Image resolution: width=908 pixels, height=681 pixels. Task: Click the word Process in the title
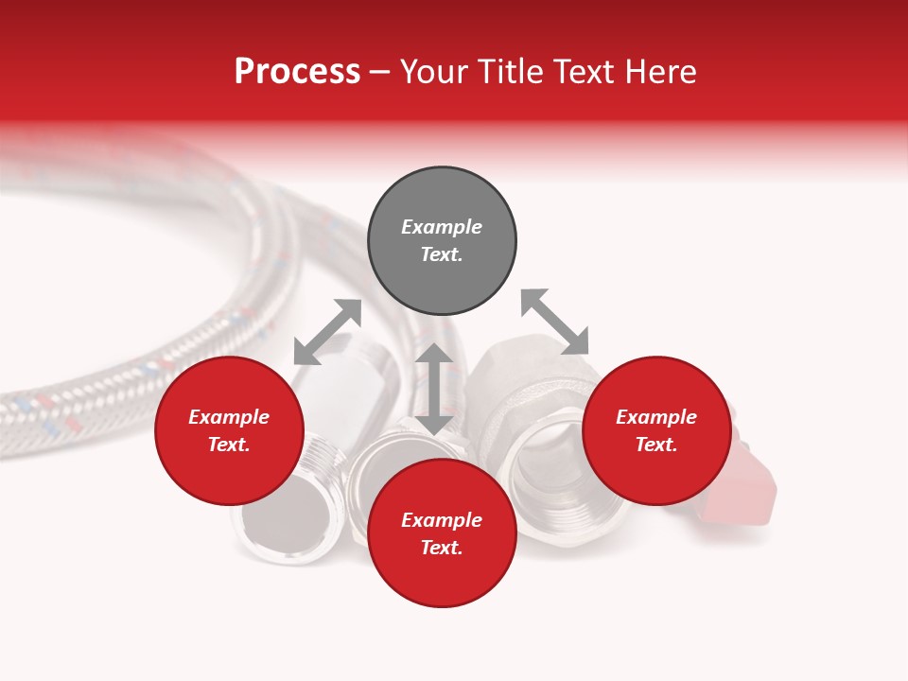(297, 72)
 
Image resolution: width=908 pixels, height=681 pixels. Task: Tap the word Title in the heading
(507, 72)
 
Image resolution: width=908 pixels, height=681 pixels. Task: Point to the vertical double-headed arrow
(434, 389)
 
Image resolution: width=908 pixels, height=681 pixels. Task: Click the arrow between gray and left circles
(327, 332)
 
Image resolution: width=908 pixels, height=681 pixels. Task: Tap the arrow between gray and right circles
(554, 323)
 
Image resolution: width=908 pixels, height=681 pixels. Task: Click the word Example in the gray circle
(442, 227)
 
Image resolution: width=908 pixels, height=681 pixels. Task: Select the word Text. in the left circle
(229, 445)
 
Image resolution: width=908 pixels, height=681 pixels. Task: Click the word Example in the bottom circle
(442, 520)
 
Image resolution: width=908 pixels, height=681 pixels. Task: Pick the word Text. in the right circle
(656, 445)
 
